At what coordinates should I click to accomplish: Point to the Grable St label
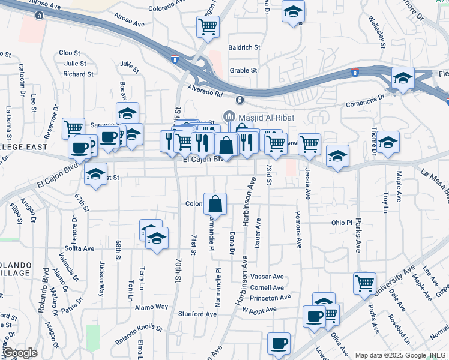(x=243, y=70)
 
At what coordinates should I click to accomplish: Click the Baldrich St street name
(x=244, y=47)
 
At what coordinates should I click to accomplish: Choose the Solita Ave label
(x=80, y=248)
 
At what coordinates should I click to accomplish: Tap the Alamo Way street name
(x=152, y=307)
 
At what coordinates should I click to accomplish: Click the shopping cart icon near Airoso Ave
(x=208, y=26)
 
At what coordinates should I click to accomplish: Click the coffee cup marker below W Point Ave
(x=278, y=343)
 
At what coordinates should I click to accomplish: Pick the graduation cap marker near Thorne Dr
(x=388, y=143)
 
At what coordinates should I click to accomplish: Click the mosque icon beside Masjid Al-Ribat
(x=228, y=116)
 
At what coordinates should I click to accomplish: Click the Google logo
(x=20, y=353)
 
